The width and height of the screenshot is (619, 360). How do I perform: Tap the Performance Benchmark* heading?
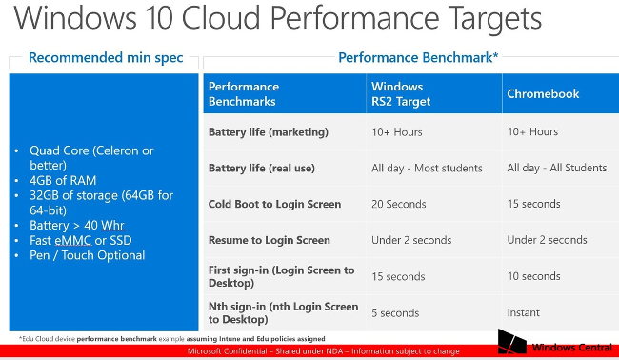pos(418,58)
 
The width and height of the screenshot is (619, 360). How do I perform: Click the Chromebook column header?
pos(543,94)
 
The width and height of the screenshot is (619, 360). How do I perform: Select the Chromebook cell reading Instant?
pos(524,312)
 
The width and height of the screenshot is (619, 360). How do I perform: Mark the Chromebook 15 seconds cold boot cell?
pos(533,204)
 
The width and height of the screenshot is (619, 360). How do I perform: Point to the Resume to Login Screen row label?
pos(269,240)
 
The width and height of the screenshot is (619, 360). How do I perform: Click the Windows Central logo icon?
pos(510,344)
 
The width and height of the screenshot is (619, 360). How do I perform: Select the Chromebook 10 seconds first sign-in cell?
pos(533,276)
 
